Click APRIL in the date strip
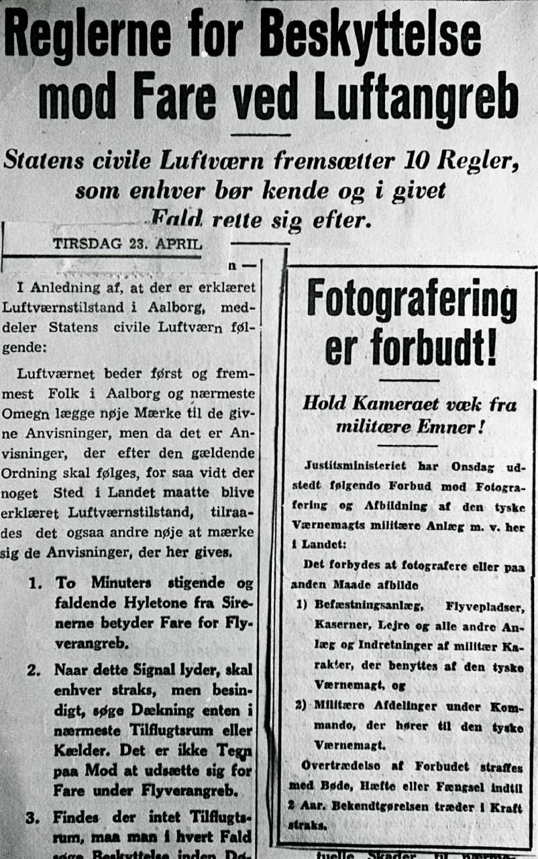coord(178,244)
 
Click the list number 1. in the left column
coord(36,582)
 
